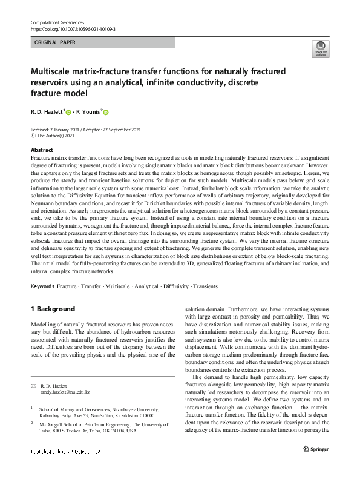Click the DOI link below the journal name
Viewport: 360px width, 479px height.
73,28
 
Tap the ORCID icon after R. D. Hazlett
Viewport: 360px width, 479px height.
68,112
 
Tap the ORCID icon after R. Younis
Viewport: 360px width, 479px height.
106,112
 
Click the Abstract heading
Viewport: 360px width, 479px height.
41,150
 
